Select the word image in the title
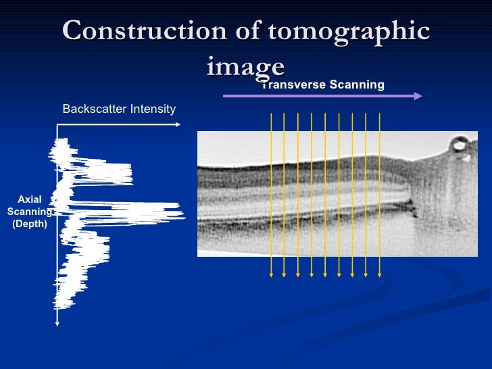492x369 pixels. (245, 67)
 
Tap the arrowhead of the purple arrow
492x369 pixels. (418, 96)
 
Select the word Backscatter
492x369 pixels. (91, 109)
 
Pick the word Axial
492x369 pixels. (30, 199)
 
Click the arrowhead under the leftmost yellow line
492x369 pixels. (271, 274)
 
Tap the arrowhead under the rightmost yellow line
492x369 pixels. (380, 274)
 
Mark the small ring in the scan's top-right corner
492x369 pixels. (460, 144)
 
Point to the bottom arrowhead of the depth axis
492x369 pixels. (57, 323)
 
